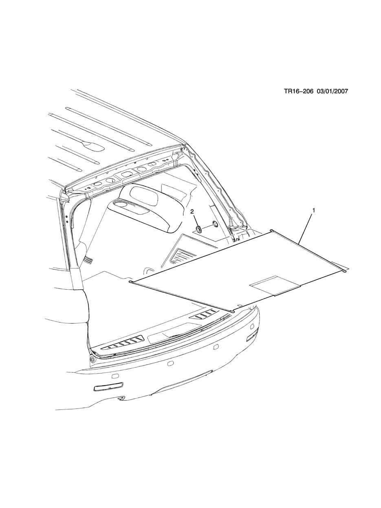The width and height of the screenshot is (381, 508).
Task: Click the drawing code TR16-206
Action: (x=298, y=91)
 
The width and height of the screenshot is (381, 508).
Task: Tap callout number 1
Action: (x=313, y=210)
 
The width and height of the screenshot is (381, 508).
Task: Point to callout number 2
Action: (x=192, y=211)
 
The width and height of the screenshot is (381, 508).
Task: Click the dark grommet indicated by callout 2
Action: (x=199, y=229)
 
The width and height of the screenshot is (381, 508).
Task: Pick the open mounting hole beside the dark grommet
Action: (x=215, y=224)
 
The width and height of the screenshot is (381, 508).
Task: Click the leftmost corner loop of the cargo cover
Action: (x=130, y=281)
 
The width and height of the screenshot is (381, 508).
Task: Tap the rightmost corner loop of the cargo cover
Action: (x=345, y=270)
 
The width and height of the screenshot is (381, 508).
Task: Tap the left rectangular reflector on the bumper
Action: (x=107, y=388)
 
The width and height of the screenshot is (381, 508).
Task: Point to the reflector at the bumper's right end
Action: (x=252, y=336)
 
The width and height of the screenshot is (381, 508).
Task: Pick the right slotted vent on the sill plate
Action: (x=206, y=314)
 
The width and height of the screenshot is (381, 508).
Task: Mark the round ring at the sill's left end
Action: (x=92, y=359)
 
